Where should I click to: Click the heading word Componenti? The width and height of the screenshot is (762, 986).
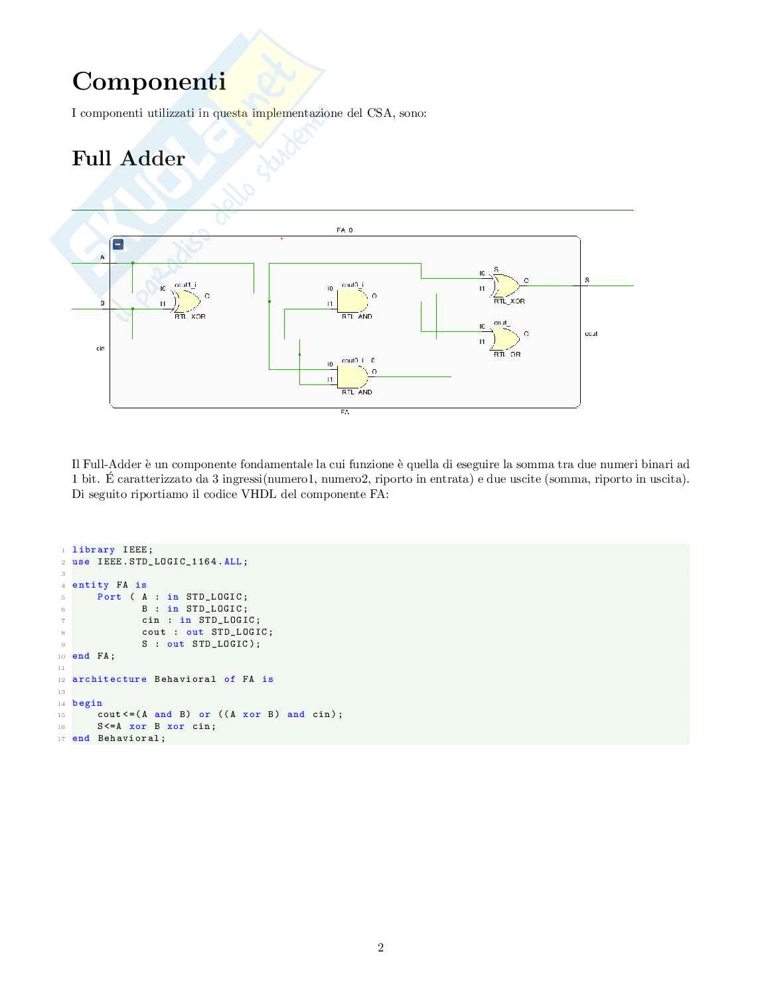149,82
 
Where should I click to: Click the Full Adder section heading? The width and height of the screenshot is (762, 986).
128,159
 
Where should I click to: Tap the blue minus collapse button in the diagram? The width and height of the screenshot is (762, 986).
118,244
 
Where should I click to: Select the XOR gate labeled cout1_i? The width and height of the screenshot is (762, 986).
186,301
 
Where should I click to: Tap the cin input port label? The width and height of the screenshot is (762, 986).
100,348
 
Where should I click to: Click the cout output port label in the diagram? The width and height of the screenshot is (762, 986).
591,333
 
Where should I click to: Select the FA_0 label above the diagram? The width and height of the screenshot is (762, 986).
344,230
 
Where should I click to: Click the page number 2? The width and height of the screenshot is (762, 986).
380,947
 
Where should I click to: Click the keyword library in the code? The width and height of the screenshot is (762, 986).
94,550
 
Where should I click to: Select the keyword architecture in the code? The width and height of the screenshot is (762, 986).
110,679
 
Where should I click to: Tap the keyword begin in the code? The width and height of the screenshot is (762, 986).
88,703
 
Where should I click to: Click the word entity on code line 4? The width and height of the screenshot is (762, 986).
90,585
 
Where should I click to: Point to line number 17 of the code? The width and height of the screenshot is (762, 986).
62,738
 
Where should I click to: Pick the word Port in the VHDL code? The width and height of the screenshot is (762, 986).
110,597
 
